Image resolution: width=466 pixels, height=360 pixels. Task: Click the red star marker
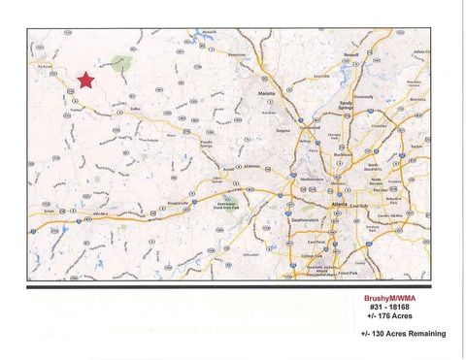[x=85, y=80]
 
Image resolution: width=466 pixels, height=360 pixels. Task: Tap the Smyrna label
[x=284, y=129]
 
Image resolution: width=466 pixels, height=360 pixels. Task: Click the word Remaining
[x=425, y=333]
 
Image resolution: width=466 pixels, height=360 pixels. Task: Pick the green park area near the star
[x=123, y=65]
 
